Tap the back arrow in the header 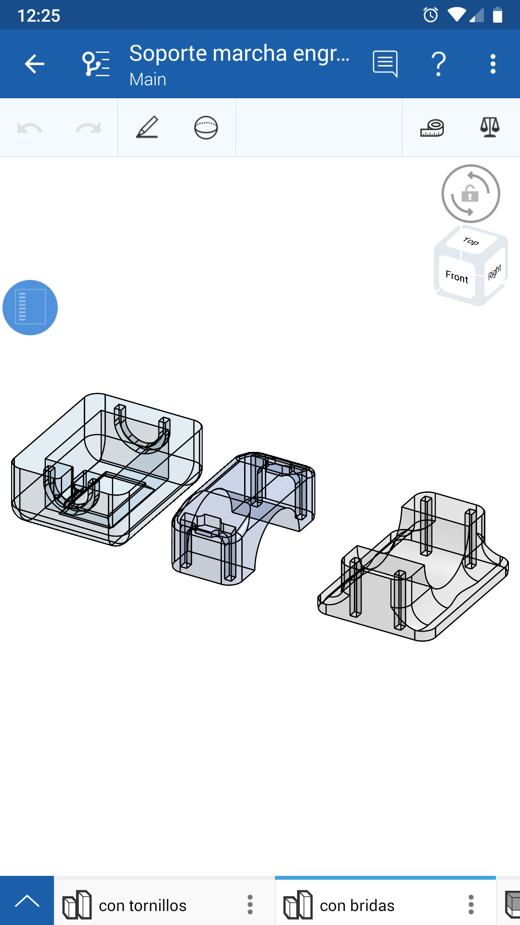tap(35, 64)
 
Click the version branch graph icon tap(96, 64)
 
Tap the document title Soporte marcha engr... tap(239, 53)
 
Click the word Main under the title tap(148, 79)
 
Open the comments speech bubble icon tap(385, 64)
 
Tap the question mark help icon tap(438, 64)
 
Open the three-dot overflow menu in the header tap(493, 64)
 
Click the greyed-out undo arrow tap(29, 128)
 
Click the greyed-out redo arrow tap(88, 128)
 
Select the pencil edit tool tap(147, 127)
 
